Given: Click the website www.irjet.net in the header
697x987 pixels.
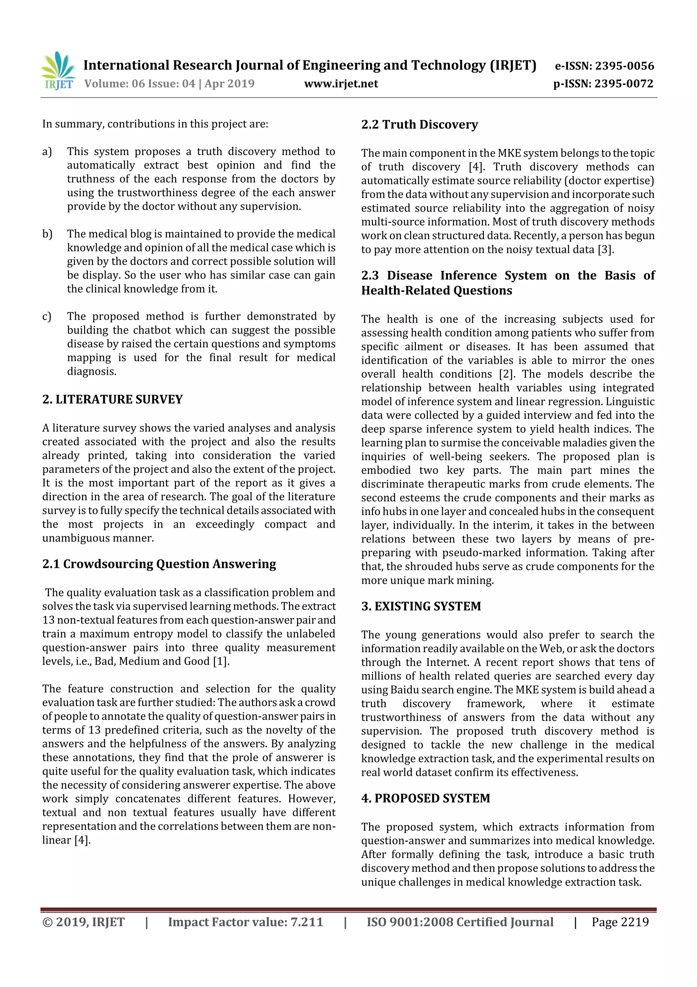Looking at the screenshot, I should pyautogui.click(x=341, y=84).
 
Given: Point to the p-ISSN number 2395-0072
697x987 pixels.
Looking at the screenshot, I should pyautogui.click(x=623, y=84).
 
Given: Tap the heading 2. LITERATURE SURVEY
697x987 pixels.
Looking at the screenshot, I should pyautogui.click(x=113, y=399).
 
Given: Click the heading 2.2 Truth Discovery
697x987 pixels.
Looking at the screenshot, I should pyautogui.click(x=419, y=125).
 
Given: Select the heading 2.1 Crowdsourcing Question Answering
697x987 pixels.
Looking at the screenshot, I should pyautogui.click(x=159, y=564).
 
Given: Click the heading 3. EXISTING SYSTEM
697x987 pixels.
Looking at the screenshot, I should pyautogui.click(x=421, y=606).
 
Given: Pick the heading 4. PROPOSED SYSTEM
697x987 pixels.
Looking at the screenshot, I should pyautogui.click(x=425, y=798).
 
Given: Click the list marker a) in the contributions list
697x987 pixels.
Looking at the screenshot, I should pyautogui.click(x=47, y=152).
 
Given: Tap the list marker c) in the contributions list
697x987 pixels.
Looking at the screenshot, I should pyautogui.click(x=47, y=317).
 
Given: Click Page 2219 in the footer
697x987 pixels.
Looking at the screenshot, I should pyautogui.click(x=620, y=922).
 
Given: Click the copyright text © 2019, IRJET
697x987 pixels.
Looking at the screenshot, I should pyautogui.click(x=83, y=922).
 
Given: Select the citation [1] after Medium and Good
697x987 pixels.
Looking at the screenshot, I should pyautogui.click(x=221, y=661).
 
